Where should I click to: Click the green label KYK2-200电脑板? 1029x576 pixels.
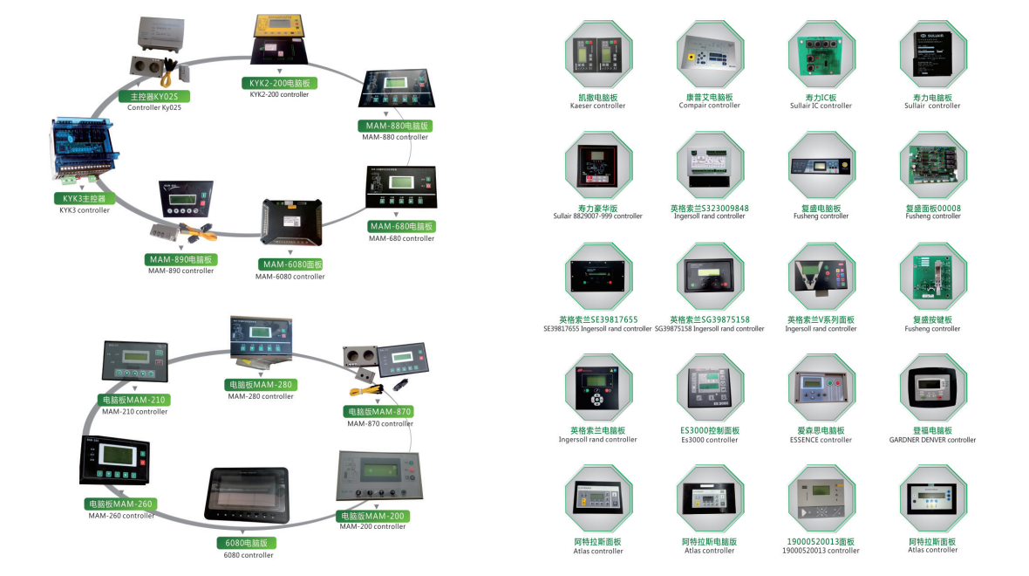pyautogui.click(x=279, y=83)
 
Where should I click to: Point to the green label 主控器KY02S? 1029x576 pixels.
pyautogui.click(x=154, y=96)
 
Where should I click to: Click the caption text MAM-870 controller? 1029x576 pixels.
pyautogui.click(x=380, y=423)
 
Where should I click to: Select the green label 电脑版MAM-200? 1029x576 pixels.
pyautogui.click(x=373, y=516)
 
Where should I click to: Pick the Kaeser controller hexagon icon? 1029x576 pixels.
pyautogui.click(x=597, y=55)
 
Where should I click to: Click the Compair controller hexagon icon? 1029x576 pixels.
pyautogui.click(x=709, y=55)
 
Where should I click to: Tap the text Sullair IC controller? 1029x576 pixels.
pyautogui.click(x=821, y=106)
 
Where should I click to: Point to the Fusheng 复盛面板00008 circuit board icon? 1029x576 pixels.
pyautogui.click(x=932, y=166)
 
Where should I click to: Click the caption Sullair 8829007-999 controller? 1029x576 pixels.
pyautogui.click(x=597, y=216)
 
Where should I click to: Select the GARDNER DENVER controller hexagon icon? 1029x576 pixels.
pyautogui.click(x=932, y=388)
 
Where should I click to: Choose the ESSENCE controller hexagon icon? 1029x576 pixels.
pyautogui.click(x=821, y=388)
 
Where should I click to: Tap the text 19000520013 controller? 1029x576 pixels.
pyautogui.click(x=821, y=551)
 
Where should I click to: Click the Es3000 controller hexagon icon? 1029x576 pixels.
pyautogui.click(x=709, y=388)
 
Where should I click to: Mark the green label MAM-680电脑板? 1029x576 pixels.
pyautogui.click(x=401, y=227)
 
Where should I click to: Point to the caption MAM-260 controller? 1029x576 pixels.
pyautogui.click(x=121, y=515)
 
